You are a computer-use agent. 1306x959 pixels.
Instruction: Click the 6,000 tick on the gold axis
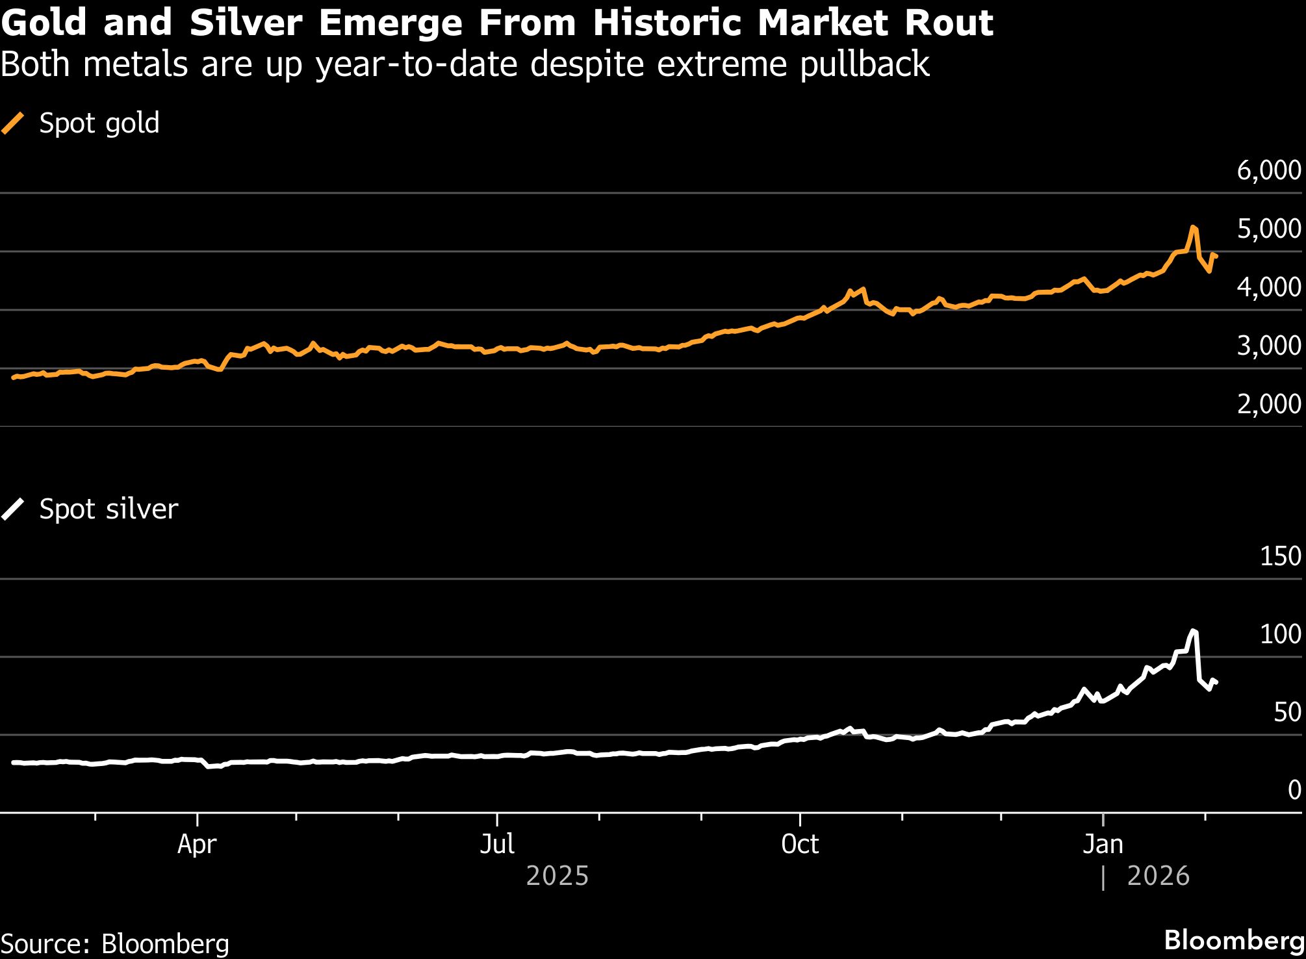pyautogui.click(x=1268, y=170)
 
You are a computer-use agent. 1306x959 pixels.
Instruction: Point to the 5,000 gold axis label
pyautogui.click(x=1268, y=229)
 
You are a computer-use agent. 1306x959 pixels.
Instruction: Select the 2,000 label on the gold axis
pyautogui.click(x=1268, y=404)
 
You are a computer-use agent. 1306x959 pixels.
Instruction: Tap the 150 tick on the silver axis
pyautogui.click(x=1280, y=557)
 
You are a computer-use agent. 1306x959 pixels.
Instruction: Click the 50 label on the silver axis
pyautogui.click(x=1287, y=713)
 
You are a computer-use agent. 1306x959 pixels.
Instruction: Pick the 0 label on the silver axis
pyautogui.click(x=1294, y=790)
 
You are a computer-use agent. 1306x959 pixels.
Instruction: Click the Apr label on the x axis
pyautogui.click(x=197, y=844)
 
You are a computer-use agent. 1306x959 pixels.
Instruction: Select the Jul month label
pyautogui.click(x=497, y=844)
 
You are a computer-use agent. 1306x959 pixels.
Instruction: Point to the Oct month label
pyautogui.click(x=800, y=844)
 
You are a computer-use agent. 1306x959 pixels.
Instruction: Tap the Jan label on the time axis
pyautogui.click(x=1103, y=844)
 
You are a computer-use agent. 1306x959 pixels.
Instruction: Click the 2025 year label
pyautogui.click(x=557, y=876)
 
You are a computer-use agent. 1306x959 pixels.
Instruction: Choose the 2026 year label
pyautogui.click(x=1158, y=876)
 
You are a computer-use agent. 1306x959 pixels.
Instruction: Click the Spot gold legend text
pyautogui.click(x=99, y=123)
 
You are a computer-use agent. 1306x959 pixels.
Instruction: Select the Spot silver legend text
pyautogui.click(x=109, y=509)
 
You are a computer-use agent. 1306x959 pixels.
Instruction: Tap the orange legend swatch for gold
pyautogui.click(x=13, y=123)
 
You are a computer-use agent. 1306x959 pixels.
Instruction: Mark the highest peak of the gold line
pyautogui.click(x=1193, y=227)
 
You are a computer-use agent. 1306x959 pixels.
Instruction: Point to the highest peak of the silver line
pyautogui.click(x=1193, y=630)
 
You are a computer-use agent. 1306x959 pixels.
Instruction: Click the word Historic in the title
pyautogui.click(x=667, y=23)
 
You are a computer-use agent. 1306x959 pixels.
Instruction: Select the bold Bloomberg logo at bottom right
pyautogui.click(x=1234, y=940)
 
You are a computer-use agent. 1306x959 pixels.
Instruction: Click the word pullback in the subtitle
pyautogui.click(x=864, y=64)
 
